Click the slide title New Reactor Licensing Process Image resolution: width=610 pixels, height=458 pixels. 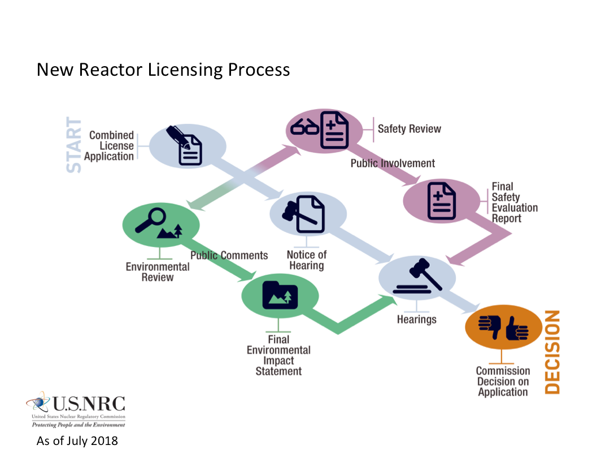163,70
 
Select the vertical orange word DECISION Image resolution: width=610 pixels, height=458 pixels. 552,352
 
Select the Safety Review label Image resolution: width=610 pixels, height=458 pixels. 409,129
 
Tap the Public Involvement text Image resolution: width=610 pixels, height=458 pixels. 393,163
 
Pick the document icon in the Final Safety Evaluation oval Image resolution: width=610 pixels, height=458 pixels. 441,201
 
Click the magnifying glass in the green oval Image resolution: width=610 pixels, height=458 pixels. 151,219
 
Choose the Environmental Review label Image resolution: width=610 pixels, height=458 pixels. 158,272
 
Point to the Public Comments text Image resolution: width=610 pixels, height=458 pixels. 229,256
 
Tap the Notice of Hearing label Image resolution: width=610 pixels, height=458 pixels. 307,260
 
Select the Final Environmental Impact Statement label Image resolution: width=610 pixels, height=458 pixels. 278,355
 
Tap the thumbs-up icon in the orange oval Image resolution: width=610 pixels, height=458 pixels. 516,329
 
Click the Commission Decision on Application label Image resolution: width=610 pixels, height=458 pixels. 503,382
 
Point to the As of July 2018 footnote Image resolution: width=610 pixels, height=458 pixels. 77,440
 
